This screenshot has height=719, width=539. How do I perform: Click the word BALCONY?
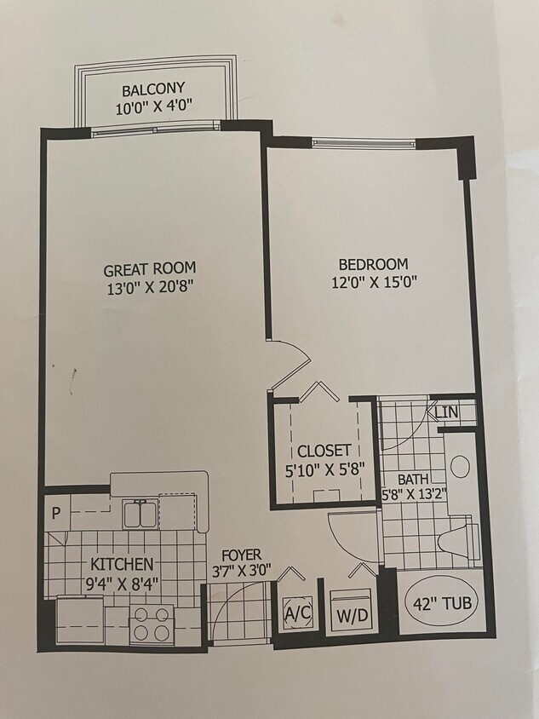pos(153,90)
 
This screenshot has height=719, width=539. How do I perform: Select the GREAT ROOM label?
pos(149,270)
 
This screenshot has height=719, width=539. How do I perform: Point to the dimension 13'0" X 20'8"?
pos(149,288)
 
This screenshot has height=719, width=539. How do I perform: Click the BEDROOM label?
pos(373,264)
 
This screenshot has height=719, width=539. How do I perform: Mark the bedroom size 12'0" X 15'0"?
pos(373,282)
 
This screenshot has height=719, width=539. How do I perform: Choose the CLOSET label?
pos(324,450)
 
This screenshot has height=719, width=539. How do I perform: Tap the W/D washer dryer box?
pos(347,613)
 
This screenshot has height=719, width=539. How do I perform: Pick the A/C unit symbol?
pos(297,611)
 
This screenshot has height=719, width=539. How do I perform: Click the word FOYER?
pos(241,554)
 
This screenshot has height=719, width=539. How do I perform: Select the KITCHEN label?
pos(123,564)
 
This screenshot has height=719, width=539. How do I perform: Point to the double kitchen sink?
pos(139,515)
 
